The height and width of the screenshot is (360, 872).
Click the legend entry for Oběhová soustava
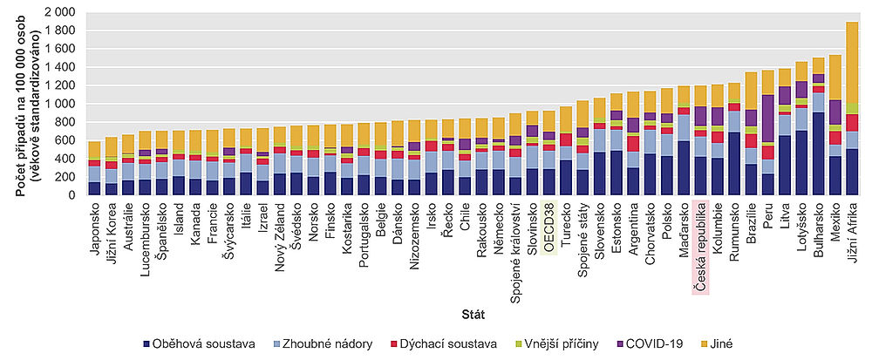204,344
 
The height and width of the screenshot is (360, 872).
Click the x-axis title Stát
473,311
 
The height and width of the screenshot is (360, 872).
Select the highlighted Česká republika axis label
699,246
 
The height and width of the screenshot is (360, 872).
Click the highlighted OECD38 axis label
548,226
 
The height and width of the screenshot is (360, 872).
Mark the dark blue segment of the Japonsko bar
94,188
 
